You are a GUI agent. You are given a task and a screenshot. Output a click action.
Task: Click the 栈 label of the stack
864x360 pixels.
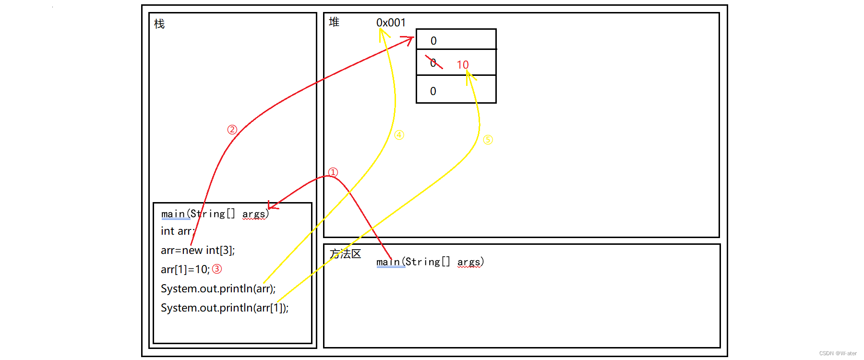click(159, 24)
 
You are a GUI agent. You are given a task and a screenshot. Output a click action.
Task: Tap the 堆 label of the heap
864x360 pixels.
click(334, 22)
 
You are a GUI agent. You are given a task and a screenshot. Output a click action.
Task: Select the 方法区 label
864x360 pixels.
click(345, 254)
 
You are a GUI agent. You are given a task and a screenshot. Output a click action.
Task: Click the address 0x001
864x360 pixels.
click(391, 23)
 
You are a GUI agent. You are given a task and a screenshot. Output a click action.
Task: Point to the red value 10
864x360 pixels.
click(462, 65)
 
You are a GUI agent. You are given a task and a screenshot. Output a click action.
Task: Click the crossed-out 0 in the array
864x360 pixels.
click(433, 63)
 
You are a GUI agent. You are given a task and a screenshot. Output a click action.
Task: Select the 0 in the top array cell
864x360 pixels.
click(433, 41)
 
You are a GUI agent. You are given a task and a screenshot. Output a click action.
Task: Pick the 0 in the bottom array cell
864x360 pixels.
click(433, 91)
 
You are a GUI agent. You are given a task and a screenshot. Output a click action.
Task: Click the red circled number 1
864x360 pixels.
click(333, 172)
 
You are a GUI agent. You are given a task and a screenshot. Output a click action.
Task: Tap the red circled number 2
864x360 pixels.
click(232, 130)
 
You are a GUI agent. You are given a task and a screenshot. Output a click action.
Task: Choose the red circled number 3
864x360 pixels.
click(217, 269)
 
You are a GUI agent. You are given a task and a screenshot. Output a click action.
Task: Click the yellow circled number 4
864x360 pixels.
click(399, 135)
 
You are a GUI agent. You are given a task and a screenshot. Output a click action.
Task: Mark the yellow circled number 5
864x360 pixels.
click(488, 140)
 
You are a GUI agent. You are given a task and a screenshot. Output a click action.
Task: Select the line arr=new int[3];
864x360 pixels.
click(198, 250)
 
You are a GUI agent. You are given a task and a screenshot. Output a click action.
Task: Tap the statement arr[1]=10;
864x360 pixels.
click(185, 269)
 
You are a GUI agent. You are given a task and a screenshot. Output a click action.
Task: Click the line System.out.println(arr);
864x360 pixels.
click(218, 288)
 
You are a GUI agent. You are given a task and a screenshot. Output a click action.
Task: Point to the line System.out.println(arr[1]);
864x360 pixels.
click(225, 308)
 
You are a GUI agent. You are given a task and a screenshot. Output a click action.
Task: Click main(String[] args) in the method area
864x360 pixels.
click(430, 262)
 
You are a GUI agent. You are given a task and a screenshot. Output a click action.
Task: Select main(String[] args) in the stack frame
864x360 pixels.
click(215, 214)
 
